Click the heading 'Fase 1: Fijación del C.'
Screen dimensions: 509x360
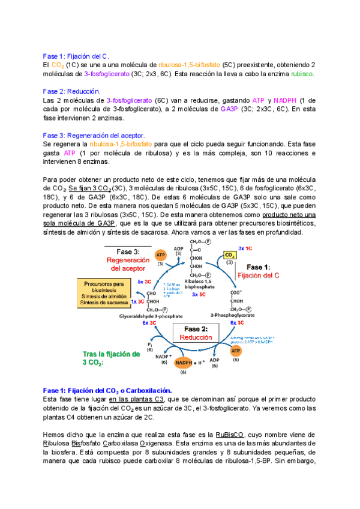coord(76,56)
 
